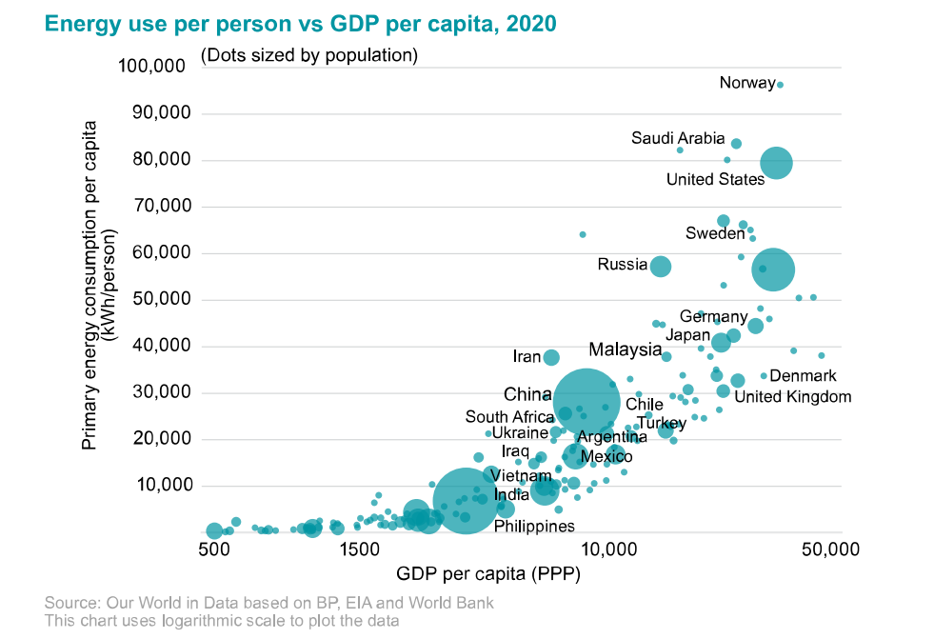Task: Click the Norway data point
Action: pos(780,85)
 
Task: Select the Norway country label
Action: pos(746,83)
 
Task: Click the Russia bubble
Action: pos(660,267)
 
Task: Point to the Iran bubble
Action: pos(550,357)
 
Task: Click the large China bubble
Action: pos(587,402)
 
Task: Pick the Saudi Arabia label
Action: pos(678,139)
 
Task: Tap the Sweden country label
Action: pos(714,233)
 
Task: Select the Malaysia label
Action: pos(625,349)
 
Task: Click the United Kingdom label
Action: pos(792,397)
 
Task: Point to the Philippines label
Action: pos(534,526)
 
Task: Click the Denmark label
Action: pos(803,376)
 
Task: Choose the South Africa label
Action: pos(509,417)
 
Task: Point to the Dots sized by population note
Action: pos(309,55)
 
